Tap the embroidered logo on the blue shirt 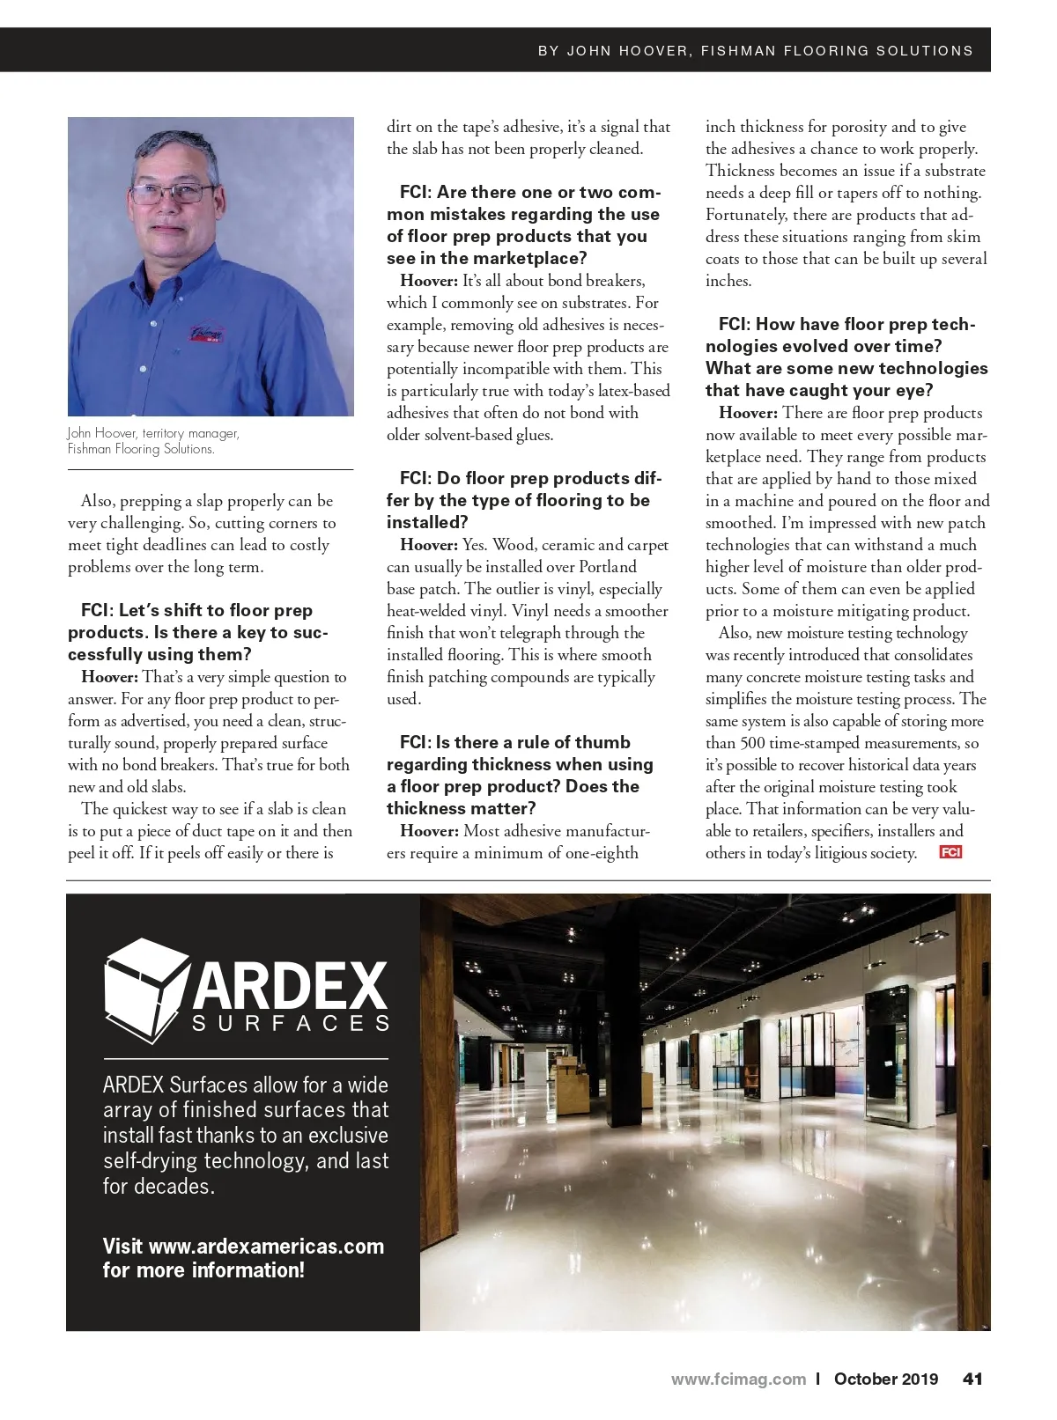(x=208, y=335)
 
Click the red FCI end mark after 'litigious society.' (x=950, y=852)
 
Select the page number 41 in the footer (x=972, y=1379)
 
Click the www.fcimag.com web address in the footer (x=738, y=1379)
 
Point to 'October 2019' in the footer (x=885, y=1379)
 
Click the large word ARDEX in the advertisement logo (x=290, y=986)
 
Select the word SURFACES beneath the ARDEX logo (x=291, y=1023)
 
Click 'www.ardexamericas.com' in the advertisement (x=266, y=1246)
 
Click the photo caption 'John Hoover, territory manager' (x=153, y=433)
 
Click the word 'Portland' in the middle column (x=607, y=567)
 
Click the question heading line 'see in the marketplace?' (x=486, y=258)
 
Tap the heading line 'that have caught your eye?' (x=818, y=390)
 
